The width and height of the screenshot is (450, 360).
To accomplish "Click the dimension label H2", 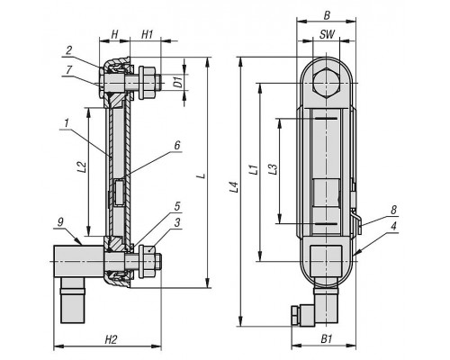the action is tap(111, 340).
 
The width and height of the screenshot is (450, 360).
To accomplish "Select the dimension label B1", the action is tap(327, 339).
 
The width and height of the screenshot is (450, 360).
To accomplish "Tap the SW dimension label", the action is tap(327, 34).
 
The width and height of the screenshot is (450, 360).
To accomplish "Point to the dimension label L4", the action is tap(234, 187).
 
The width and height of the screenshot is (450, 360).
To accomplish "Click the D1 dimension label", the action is tap(178, 82).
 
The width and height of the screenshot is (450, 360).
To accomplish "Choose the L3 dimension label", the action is tap(272, 168).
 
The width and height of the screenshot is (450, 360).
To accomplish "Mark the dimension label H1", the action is tap(147, 34).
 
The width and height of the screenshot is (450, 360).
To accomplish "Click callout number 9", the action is tap(60, 222).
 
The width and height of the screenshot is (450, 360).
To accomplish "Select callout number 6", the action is tap(177, 146).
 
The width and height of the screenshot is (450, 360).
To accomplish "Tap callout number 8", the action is tap(393, 210).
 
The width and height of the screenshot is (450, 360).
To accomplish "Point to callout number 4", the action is tap(393, 226).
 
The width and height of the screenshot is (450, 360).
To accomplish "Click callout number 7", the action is tap(69, 70).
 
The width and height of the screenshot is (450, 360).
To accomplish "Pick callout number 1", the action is tap(67, 123).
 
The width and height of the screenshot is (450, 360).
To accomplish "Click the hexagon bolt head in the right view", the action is tap(327, 83).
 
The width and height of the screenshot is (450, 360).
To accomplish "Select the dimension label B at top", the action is tap(327, 15).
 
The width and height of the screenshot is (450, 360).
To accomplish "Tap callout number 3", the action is tap(177, 222).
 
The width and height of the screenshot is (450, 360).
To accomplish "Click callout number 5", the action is tap(177, 206).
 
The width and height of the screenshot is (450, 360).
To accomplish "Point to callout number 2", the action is tap(69, 50).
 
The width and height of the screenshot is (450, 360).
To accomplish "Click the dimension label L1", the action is tap(254, 169).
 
